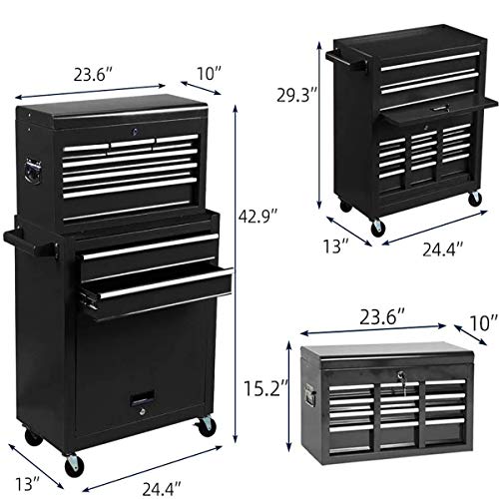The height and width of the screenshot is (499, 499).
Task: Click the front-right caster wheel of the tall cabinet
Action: [x=205, y=427]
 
